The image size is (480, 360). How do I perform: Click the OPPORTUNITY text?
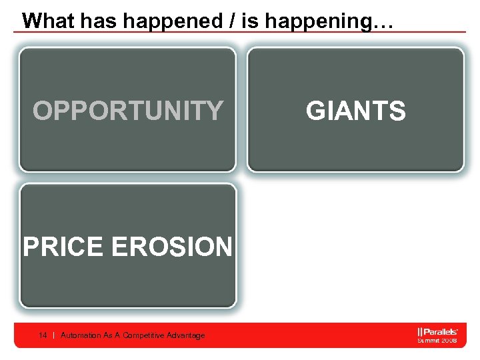(x=128, y=111)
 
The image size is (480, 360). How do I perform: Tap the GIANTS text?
(x=355, y=111)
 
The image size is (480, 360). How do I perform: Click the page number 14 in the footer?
(x=43, y=335)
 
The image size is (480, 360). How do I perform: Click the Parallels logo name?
(x=442, y=331)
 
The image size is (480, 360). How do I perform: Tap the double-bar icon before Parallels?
(x=420, y=331)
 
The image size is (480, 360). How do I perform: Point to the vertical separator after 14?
(x=53, y=335)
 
